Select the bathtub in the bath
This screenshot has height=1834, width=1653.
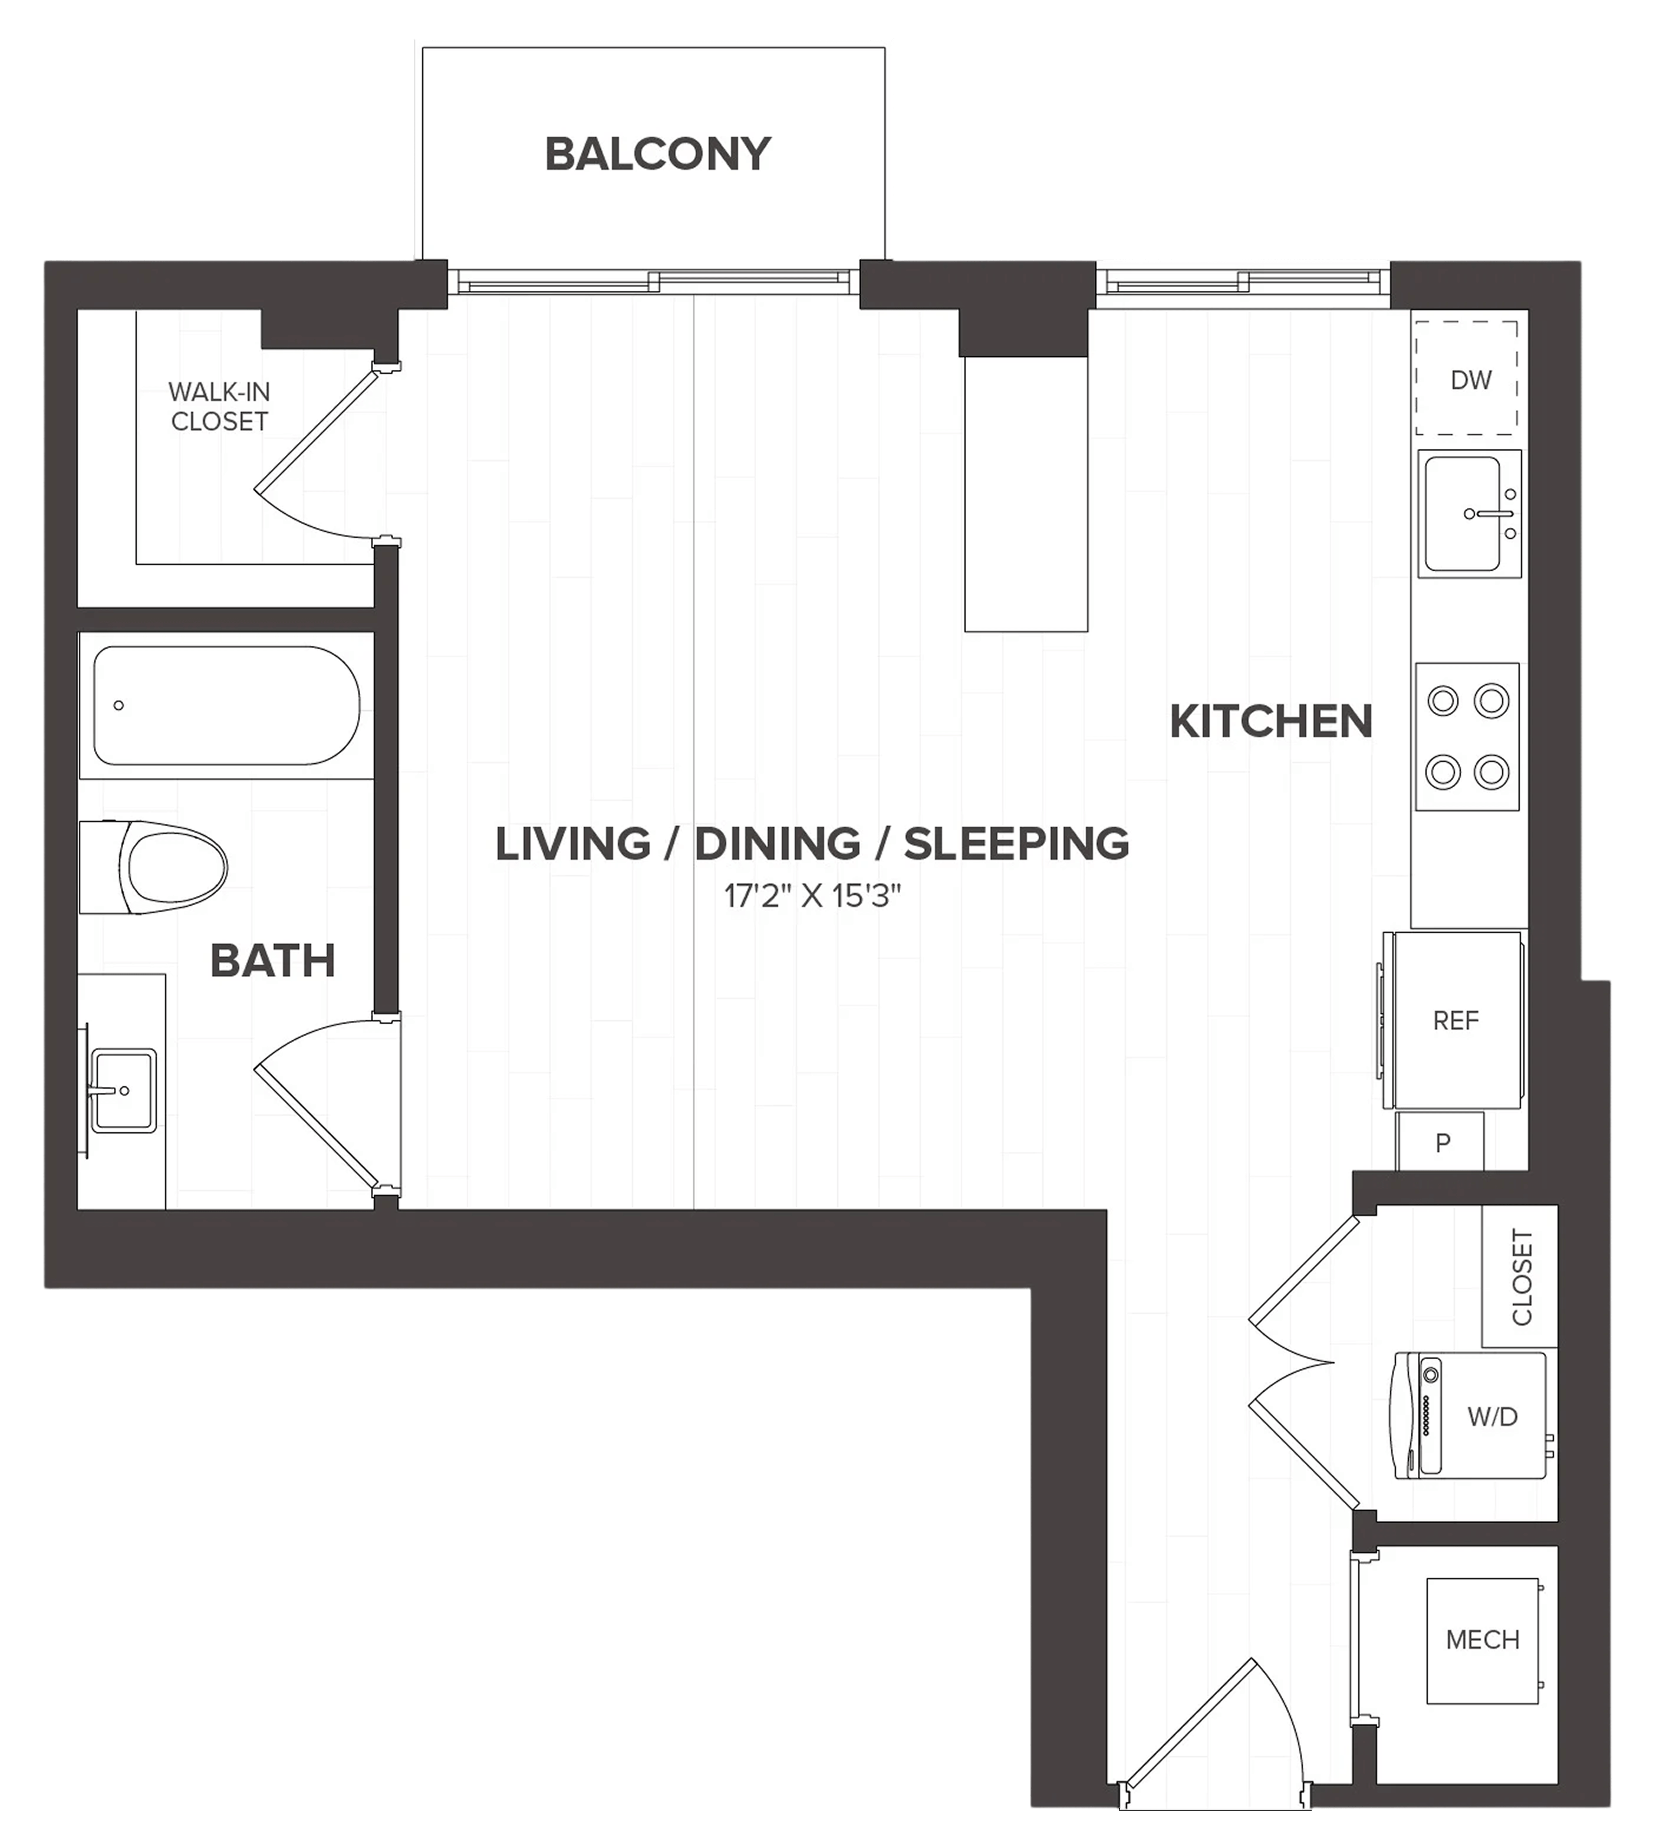coord(226,705)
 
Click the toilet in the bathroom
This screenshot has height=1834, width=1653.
coord(153,867)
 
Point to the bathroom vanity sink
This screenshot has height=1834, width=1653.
coord(124,1090)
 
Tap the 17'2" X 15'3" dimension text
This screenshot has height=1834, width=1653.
coord(812,896)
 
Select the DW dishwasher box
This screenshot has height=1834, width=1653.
coord(1467,378)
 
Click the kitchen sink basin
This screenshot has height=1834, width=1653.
coord(1462,513)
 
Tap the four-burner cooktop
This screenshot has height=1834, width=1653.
coord(1467,736)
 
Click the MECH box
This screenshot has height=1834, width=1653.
coord(1482,1639)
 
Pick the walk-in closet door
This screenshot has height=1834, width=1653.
coord(327,452)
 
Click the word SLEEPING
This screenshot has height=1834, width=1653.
coord(1016,844)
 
